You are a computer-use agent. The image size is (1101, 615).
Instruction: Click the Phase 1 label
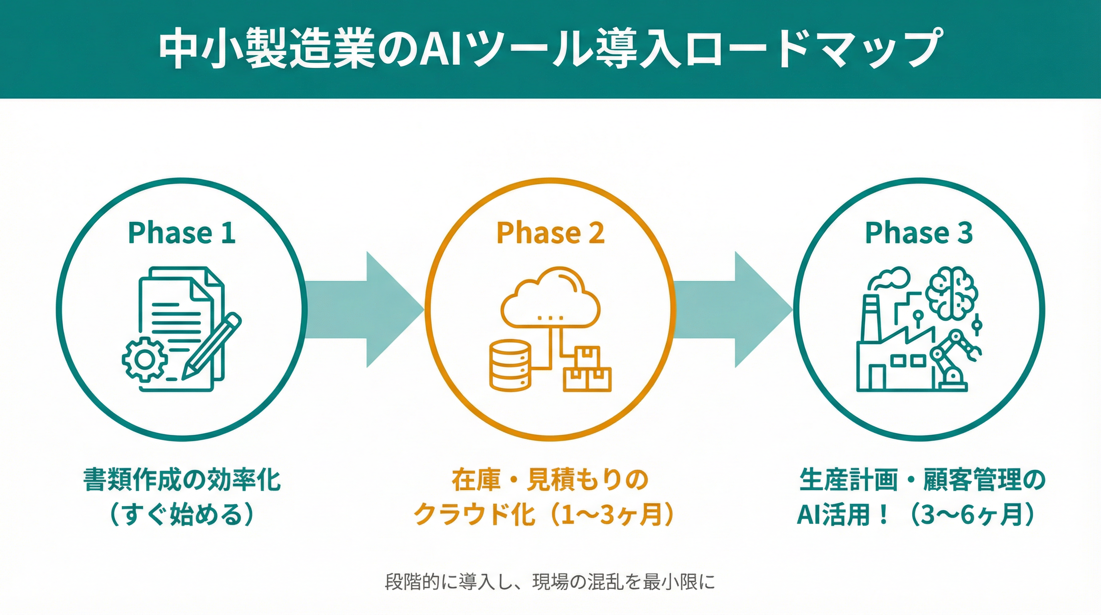point(182,233)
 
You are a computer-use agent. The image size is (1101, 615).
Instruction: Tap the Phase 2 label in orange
point(550,233)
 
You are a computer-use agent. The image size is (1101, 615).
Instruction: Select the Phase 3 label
point(919,233)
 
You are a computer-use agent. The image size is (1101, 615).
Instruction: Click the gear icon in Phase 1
point(144,359)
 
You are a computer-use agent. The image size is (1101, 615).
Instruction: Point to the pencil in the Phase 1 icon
point(212,346)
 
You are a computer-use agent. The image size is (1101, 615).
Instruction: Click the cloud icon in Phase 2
point(550,297)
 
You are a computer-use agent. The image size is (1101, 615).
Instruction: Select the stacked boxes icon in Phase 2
point(587,370)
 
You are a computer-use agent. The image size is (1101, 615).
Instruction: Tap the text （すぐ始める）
point(182,514)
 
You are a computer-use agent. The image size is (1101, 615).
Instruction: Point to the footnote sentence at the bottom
point(550,582)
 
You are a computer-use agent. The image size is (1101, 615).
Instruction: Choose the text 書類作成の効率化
point(182,480)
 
